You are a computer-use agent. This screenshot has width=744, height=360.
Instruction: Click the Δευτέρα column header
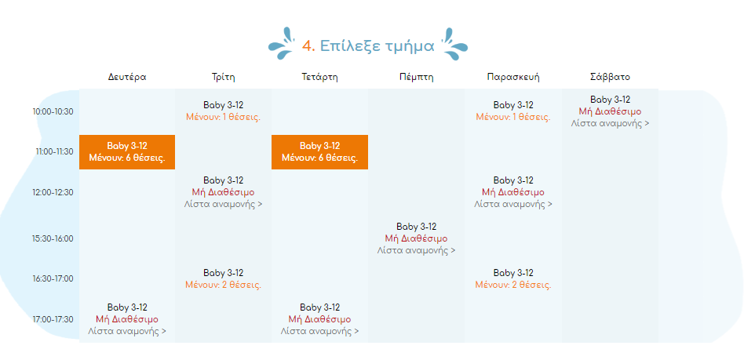tap(126, 77)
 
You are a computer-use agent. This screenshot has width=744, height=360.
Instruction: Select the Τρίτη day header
tap(223, 77)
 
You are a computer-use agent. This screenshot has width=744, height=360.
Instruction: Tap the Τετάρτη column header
tap(319, 77)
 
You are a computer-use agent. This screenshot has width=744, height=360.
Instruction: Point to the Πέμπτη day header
tap(416, 77)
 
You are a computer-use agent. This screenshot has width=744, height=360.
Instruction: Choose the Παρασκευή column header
tap(513, 77)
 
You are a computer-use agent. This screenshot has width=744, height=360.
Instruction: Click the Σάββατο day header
tap(610, 77)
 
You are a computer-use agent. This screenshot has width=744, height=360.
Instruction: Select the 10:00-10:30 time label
tap(53, 112)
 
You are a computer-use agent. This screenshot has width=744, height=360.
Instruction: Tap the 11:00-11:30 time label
tap(54, 152)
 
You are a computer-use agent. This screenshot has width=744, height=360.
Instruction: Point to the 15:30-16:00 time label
tap(53, 238)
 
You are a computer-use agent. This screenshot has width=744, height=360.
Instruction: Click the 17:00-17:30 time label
tap(53, 319)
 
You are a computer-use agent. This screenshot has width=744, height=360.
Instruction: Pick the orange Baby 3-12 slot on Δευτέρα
tap(127, 152)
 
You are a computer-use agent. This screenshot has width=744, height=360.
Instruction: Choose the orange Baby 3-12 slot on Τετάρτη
tap(319, 152)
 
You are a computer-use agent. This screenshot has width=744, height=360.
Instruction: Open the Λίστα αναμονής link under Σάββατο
tap(610, 123)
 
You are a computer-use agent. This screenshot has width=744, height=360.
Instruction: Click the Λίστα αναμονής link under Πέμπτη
tap(416, 250)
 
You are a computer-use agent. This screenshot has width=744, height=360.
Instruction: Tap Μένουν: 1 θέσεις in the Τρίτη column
tap(223, 117)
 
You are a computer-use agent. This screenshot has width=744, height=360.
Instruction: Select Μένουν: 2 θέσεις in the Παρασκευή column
tap(513, 285)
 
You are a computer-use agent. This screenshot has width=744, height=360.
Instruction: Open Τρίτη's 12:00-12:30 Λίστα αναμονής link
tap(223, 204)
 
